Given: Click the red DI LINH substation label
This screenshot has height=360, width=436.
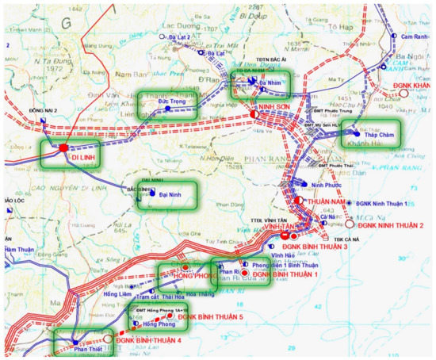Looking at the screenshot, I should pyautogui.click(x=84, y=157).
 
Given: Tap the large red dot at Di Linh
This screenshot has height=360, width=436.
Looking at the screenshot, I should pyautogui.click(x=64, y=147).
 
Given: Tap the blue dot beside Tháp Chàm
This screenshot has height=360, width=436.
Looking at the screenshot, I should pyautogui.click(x=354, y=134).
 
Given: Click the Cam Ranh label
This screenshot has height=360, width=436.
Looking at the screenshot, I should pyautogui.click(x=411, y=37).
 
